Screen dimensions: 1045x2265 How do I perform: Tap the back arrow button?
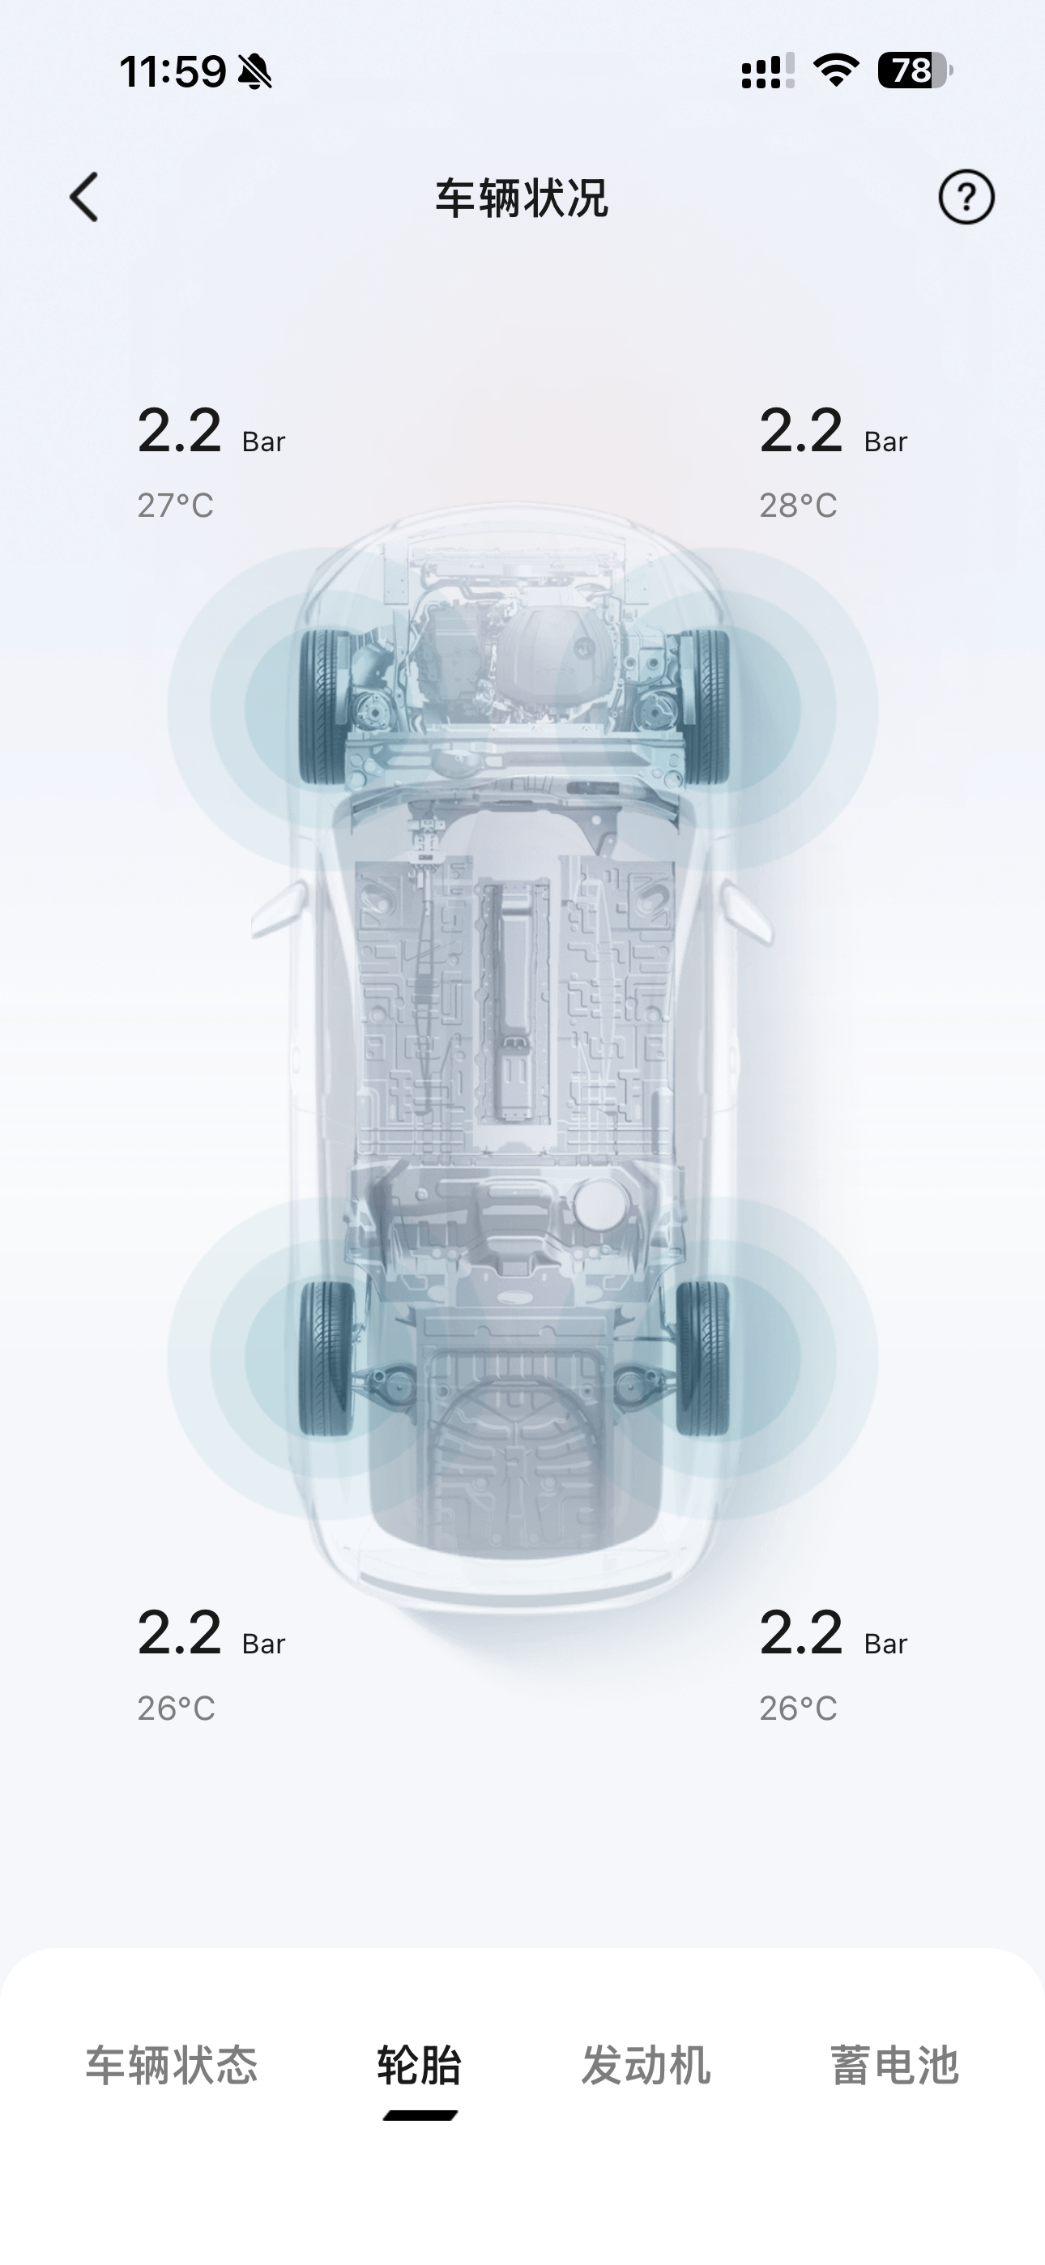pyautogui.click(x=84, y=197)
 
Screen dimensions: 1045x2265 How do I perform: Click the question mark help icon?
pyautogui.click(x=966, y=197)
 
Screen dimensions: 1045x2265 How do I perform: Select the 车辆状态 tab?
pyautogui.click(x=172, y=2065)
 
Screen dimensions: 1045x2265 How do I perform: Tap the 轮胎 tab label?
pyautogui.click(x=420, y=2065)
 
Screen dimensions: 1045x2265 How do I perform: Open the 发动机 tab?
pyautogui.click(x=646, y=2065)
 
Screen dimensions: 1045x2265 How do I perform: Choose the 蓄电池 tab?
pyautogui.click(x=894, y=2065)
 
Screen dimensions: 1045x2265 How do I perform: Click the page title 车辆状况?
pyautogui.click(x=522, y=198)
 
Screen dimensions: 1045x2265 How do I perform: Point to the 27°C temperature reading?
pyautogui.click(x=175, y=505)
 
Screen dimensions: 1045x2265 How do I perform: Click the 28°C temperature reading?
pyautogui.click(x=798, y=505)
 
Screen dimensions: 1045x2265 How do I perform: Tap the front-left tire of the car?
pyautogui.click(x=325, y=707)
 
